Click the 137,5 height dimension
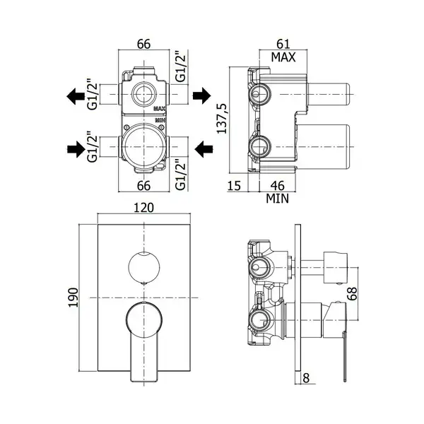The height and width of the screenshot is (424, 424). click(223, 119)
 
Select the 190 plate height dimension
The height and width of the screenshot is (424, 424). click(73, 298)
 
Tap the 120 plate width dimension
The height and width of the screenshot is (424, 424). click(144, 208)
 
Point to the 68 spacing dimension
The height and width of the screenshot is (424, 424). click(352, 293)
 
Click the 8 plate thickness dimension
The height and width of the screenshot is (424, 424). click(306, 378)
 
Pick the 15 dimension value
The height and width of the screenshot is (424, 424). click(234, 186)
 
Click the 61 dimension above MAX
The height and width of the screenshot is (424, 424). click(283, 44)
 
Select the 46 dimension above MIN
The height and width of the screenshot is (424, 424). click(278, 186)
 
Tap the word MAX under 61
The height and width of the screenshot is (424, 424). click(283, 57)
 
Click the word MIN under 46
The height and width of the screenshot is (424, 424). click(278, 199)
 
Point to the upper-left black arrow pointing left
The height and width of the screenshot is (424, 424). click(76, 96)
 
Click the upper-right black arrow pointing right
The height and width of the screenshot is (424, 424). click(201, 95)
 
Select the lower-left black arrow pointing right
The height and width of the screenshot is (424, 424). click(76, 149)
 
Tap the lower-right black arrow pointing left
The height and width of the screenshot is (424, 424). click(204, 149)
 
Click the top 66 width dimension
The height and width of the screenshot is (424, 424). click(143, 44)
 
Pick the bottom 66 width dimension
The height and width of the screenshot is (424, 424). click(143, 186)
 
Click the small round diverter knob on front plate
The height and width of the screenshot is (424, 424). click(144, 266)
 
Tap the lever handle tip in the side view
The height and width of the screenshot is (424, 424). click(345, 380)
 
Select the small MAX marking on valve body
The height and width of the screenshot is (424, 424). click(160, 109)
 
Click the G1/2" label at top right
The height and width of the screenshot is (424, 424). click(181, 66)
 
